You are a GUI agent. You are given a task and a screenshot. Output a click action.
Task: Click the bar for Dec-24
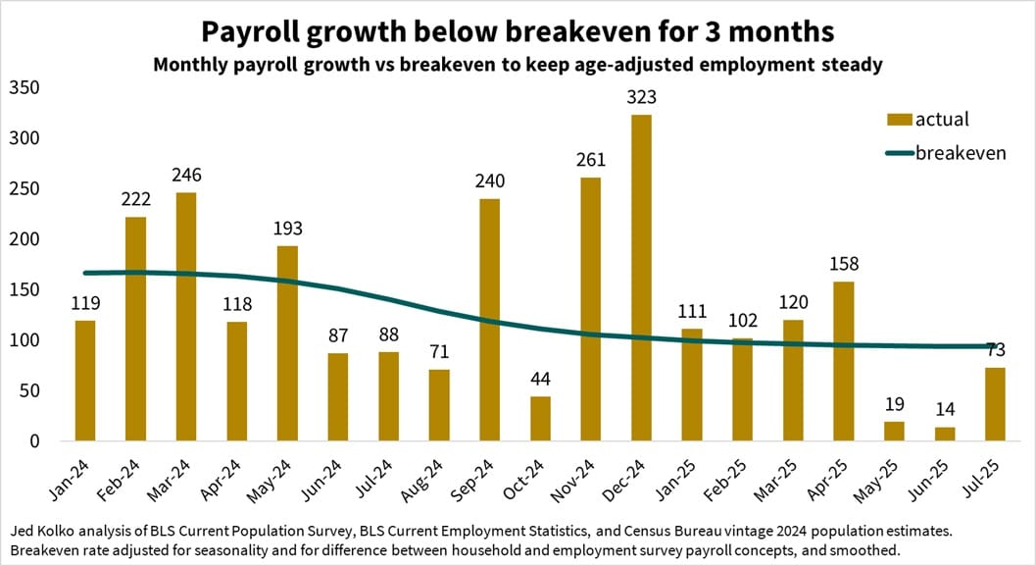642,279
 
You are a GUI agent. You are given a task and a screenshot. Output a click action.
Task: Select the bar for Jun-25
945,435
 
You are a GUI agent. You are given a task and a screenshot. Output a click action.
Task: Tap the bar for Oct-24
540,419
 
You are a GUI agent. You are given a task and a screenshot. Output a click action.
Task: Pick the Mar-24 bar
186,317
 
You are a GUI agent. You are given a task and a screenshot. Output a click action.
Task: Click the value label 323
642,98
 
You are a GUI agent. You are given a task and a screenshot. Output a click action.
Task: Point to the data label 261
591,160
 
